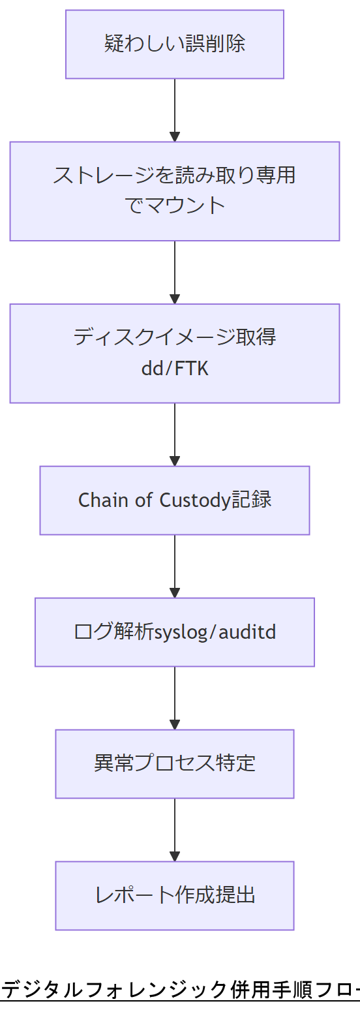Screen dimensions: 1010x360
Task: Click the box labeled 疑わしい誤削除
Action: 174,44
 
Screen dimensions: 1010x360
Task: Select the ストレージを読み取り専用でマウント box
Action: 174,191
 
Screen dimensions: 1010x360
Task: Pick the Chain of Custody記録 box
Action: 174,500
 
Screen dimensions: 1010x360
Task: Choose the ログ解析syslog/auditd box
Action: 174,632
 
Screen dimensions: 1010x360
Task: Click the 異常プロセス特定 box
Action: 174,763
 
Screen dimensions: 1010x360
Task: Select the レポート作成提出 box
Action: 174,895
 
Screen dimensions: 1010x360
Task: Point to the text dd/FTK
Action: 174,369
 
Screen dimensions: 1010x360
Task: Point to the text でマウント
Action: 174,206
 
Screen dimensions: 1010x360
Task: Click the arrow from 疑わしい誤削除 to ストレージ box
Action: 174,110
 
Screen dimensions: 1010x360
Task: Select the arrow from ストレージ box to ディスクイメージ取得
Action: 174,272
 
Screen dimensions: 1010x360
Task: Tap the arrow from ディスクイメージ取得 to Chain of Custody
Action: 174,434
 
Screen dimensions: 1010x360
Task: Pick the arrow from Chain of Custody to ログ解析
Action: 174,566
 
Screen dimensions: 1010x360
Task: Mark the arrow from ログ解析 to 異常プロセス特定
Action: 174,698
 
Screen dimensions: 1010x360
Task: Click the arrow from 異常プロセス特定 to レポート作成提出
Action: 174,830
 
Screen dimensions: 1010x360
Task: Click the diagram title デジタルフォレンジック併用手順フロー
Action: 180,990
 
